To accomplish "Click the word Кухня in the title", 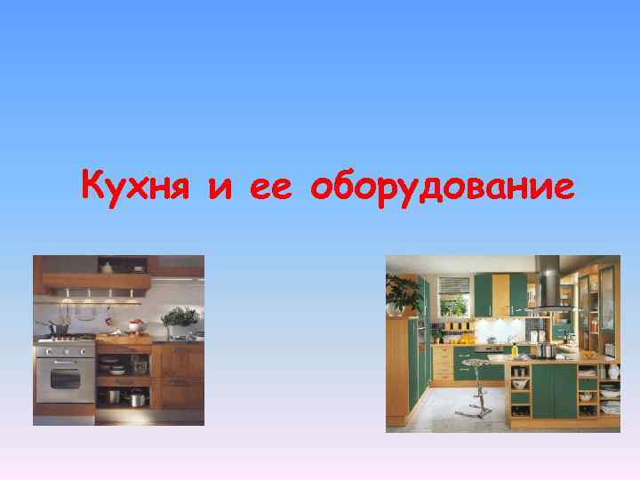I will [x=136, y=187].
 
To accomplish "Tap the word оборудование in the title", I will [x=445, y=188].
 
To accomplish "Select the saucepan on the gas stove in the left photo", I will [x=58, y=330].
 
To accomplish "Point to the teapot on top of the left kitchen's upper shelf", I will [x=107, y=266].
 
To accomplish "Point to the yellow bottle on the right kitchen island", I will [x=514, y=349].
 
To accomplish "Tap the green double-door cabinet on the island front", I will [x=554, y=392].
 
